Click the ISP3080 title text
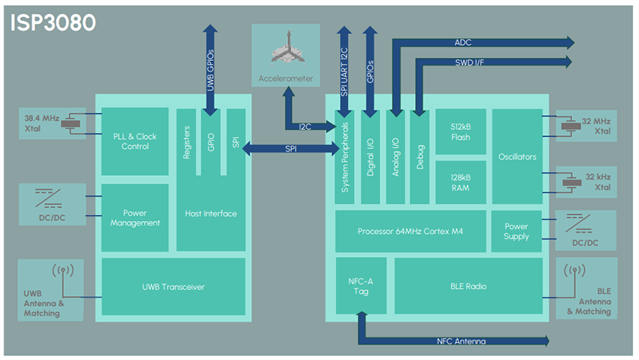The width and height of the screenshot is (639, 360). pos(53,23)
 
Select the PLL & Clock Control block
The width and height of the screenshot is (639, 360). pos(135,141)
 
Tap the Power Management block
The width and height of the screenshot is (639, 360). pos(135,217)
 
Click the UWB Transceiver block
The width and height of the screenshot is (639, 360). pos(173,286)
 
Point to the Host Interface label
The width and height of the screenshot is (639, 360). pos(210,213)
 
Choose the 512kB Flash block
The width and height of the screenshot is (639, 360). pos(462,132)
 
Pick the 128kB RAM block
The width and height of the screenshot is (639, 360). pos(462,182)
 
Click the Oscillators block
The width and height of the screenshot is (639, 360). pos(517,156)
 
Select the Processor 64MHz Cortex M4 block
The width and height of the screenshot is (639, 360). pos(409,231)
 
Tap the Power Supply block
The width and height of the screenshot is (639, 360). pos(516,231)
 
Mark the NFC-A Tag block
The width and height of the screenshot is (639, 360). pos(360,286)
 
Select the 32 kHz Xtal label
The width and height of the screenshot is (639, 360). pos(598,180)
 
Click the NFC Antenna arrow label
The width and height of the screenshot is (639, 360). pos(461,341)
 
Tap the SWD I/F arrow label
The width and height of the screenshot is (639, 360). pos(474,61)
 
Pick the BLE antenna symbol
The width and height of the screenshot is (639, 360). pos(575,271)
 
